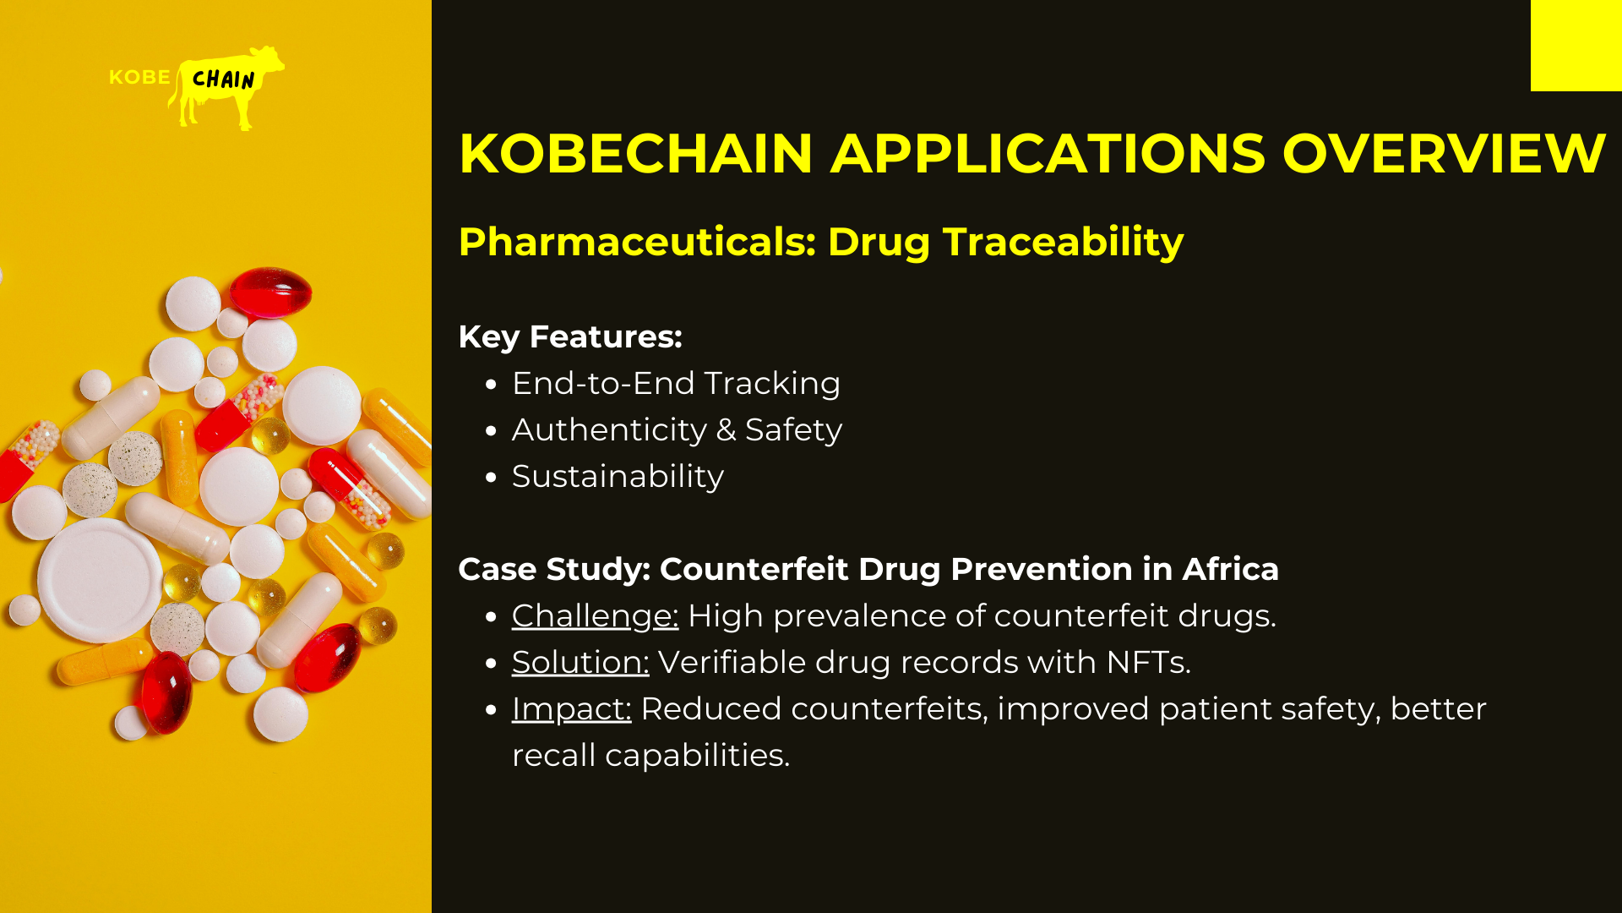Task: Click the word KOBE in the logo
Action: pos(139,77)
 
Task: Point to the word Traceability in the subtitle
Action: pos(1063,243)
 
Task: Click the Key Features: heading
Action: pos(570,336)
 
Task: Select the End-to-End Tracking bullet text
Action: pos(676,383)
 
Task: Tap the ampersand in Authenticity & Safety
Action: pos(726,429)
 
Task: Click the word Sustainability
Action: pos(618,477)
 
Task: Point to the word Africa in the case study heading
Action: pos(1230,569)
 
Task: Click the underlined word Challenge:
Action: pos(595,616)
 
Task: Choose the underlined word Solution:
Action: pos(580,662)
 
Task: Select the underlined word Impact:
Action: pos(571,709)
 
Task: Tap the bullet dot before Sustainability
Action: pos(492,478)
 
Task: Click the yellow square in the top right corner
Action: pos(1576,46)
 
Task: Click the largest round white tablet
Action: pos(100,580)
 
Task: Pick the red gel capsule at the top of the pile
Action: pos(270,292)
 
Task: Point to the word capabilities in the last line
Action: pos(697,756)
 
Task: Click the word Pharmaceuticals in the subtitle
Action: pos(637,243)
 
